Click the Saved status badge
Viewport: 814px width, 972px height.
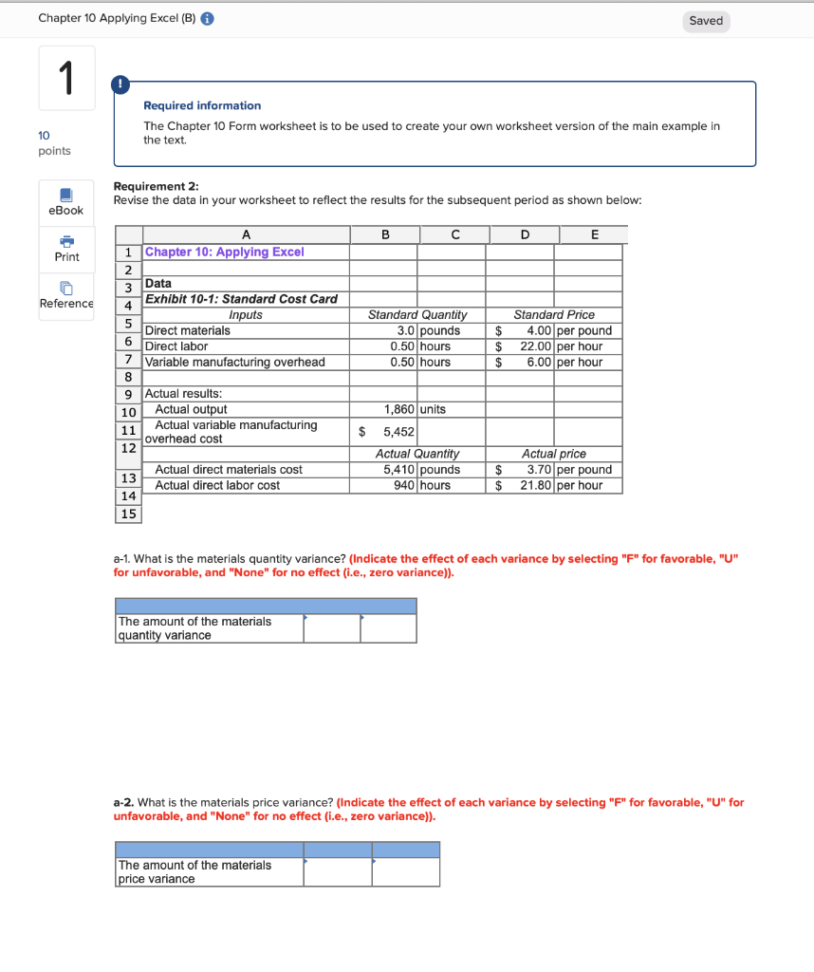[x=706, y=21]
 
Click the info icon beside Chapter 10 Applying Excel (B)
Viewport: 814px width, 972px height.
[x=208, y=20]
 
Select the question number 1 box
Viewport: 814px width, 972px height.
[x=66, y=78]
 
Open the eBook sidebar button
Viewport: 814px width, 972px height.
[x=66, y=201]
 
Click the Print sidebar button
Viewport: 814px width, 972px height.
[x=66, y=248]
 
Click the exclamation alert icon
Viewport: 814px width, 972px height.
[x=121, y=84]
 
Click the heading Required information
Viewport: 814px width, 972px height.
[x=202, y=105]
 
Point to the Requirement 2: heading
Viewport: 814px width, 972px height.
[x=156, y=187]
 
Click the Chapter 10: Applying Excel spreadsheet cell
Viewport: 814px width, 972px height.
[x=225, y=252]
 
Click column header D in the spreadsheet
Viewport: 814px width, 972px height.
[x=525, y=234]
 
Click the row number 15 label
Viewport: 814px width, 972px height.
[x=128, y=514]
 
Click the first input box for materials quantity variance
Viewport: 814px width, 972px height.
[x=332, y=628]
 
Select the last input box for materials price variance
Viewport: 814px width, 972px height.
[x=405, y=871]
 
